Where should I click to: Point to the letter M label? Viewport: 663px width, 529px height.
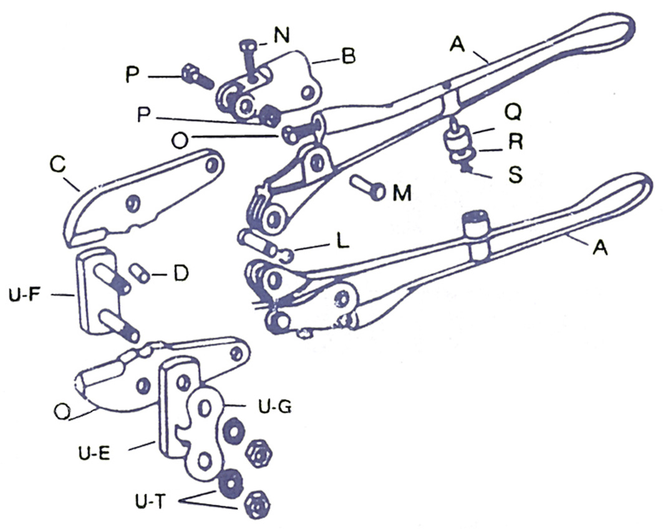[401, 193]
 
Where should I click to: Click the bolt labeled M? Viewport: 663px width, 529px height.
[369, 187]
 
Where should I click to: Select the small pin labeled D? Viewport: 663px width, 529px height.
[142, 273]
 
